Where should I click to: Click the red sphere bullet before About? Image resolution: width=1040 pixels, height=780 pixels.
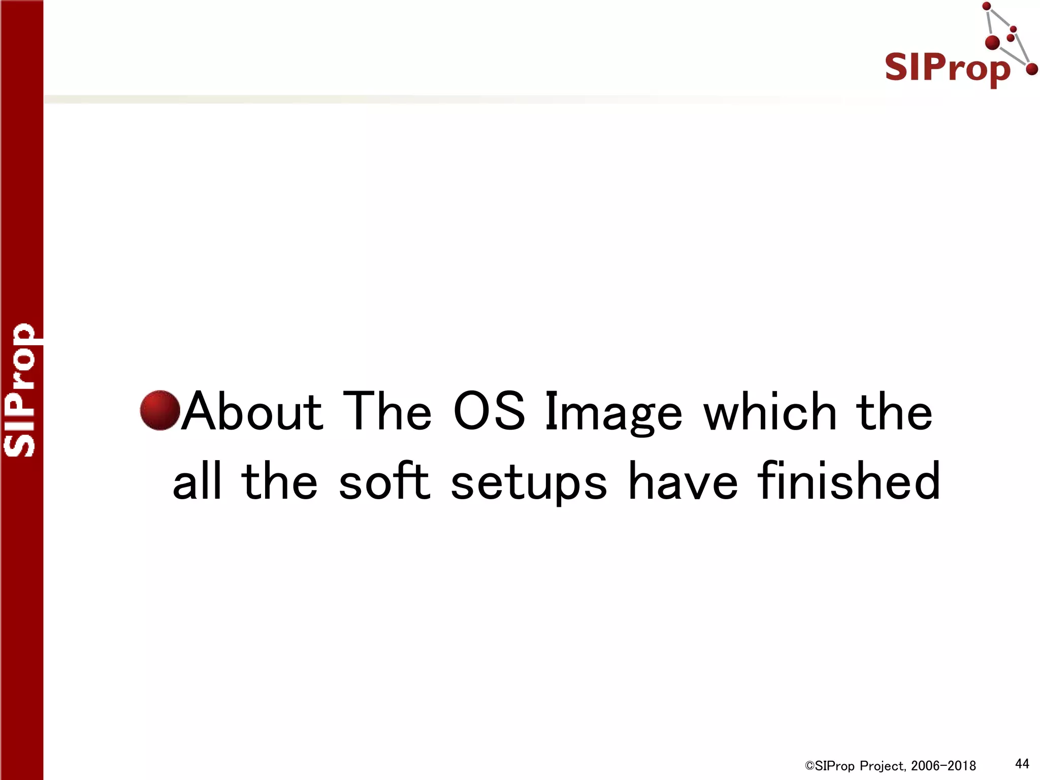coord(160,410)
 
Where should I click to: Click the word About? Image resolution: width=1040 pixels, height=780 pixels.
coord(252,411)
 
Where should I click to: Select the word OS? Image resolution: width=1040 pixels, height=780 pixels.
coord(489,411)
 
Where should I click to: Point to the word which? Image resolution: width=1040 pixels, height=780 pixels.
coord(770,411)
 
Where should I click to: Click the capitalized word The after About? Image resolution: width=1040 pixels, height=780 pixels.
coord(387,411)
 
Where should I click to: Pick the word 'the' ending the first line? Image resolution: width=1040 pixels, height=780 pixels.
coord(894,411)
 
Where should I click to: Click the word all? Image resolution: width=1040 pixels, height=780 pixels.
coord(197,481)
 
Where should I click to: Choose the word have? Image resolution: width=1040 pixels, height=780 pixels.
coord(683,481)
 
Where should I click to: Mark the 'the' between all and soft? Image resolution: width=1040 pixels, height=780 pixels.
coord(279,481)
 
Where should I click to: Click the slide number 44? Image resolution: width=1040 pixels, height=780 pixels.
coord(1022,763)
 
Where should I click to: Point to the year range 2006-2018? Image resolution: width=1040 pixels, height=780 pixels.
coord(944,766)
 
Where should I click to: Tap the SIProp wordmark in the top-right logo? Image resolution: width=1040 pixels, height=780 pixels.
coord(948,68)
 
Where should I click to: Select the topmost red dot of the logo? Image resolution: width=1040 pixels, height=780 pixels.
coord(987,7)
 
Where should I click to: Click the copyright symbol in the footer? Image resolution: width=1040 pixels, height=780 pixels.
coord(809,766)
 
